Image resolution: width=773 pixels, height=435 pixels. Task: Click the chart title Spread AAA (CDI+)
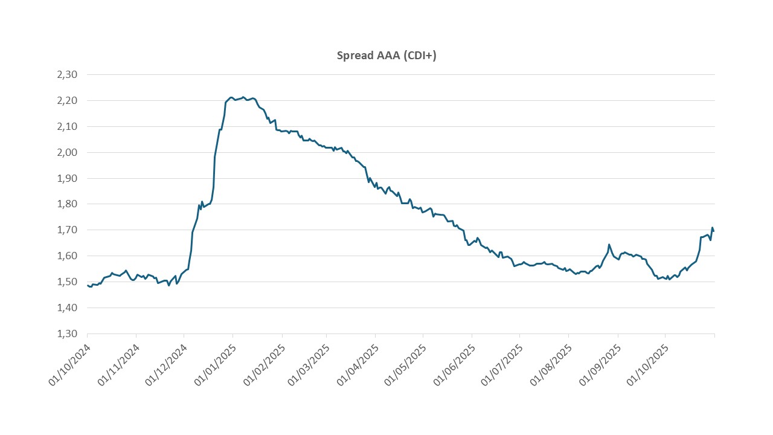tap(386, 56)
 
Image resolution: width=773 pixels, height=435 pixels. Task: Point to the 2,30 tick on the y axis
tap(67, 75)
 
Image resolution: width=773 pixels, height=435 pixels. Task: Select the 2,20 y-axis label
tap(67, 101)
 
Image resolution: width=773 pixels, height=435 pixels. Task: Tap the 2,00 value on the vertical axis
tap(67, 152)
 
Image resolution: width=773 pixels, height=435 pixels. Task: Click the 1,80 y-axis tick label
tap(67, 204)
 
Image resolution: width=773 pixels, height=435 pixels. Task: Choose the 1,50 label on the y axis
tap(67, 282)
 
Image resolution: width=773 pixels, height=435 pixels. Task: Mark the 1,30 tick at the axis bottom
tap(67, 333)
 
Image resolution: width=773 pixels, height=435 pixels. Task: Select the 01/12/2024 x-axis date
tap(166, 366)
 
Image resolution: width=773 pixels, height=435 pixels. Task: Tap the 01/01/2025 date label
tap(216, 366)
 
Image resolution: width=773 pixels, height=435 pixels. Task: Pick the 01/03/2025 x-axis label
tap(309, 366)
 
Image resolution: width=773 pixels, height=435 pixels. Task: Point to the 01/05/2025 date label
tap(406, 366)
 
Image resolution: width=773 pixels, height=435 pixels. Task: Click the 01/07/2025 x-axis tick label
tap(502, 366)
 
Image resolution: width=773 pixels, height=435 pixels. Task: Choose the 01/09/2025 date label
tap(600, 366)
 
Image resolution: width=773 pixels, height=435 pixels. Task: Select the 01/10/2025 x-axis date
tap(647, 366)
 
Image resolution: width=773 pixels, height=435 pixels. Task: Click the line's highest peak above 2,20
tap(243, 97)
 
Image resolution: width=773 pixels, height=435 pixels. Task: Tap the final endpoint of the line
tap(714, 231)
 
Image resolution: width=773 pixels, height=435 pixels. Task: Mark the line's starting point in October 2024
tap(88, 285)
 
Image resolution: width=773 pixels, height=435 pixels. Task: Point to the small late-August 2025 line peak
tap(609, 244)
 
